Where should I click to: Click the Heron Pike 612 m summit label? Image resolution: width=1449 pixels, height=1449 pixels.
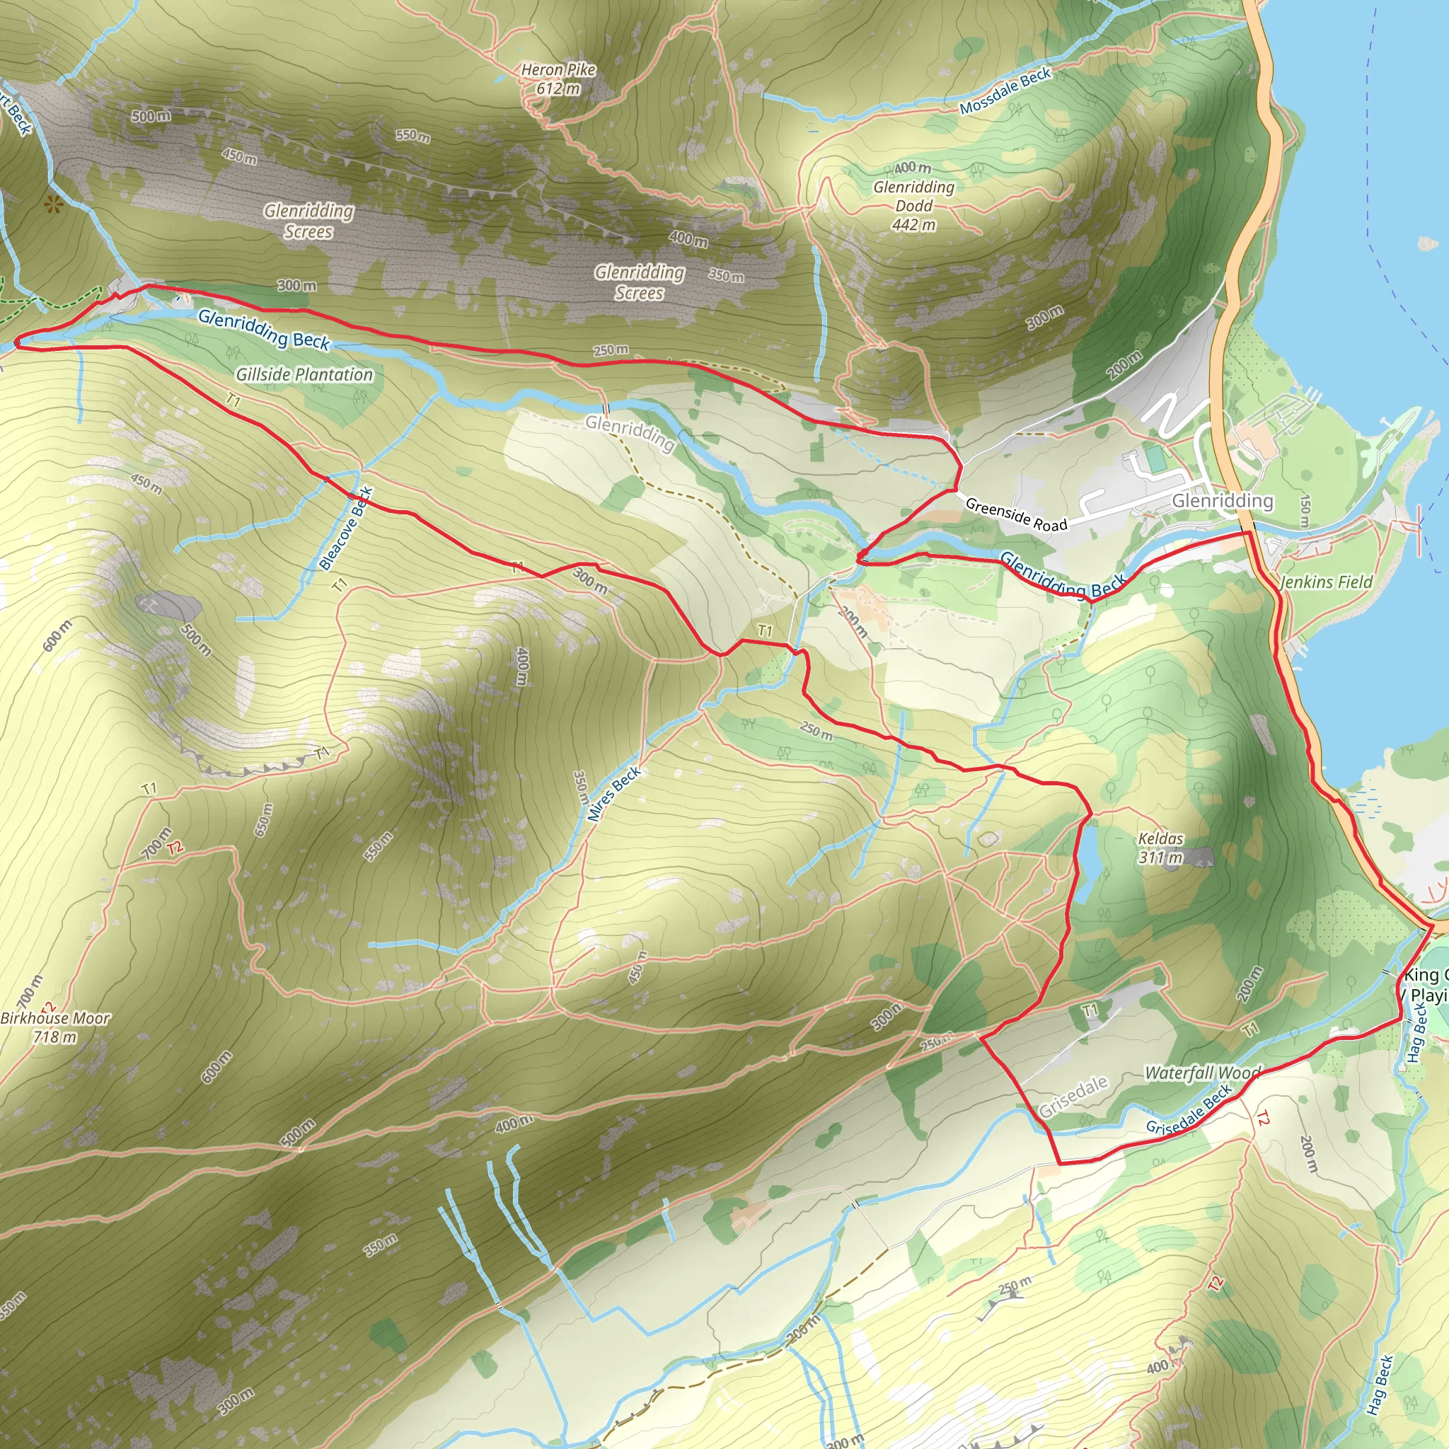558,79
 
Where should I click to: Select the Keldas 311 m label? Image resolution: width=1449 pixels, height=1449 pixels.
1160,848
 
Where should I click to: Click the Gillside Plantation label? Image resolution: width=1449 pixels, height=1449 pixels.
304,374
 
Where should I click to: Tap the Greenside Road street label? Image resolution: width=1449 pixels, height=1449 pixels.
1015,514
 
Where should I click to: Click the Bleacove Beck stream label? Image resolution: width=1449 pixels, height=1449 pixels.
346,527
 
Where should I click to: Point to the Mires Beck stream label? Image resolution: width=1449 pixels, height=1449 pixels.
613,794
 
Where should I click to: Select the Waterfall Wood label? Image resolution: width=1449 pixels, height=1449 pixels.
1202,1073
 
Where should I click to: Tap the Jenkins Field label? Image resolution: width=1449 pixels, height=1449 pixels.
1326,582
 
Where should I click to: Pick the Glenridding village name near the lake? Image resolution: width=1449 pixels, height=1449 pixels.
1223,500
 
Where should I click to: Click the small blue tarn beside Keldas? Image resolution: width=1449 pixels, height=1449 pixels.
1088,855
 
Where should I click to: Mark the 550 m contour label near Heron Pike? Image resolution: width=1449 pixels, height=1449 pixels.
413,136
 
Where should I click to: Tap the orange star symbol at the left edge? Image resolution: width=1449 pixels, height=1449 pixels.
52,203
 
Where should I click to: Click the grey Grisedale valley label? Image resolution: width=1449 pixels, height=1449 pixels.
1073,1096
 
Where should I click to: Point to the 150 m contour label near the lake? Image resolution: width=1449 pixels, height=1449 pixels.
1305,510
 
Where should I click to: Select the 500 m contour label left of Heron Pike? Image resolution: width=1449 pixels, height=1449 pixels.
151,116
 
